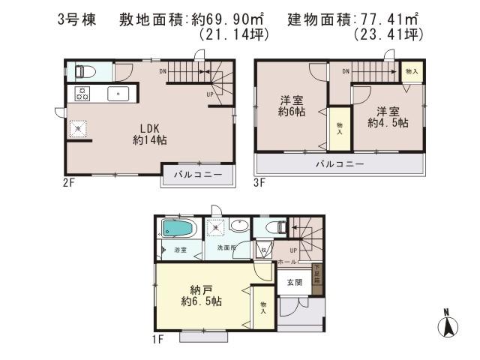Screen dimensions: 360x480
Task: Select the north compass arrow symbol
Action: coord(447,325)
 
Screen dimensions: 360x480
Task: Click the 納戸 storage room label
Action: coord(199,294)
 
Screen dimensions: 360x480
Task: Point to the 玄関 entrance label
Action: coord(293,283)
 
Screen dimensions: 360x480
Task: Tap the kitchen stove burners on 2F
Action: coord(81,94)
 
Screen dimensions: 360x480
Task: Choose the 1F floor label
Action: coord(158,340)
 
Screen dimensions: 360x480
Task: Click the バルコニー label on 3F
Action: coord(339,163)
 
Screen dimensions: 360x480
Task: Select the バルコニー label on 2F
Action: coord(197,175)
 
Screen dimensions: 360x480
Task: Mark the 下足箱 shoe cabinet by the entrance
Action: coord(316,274)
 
